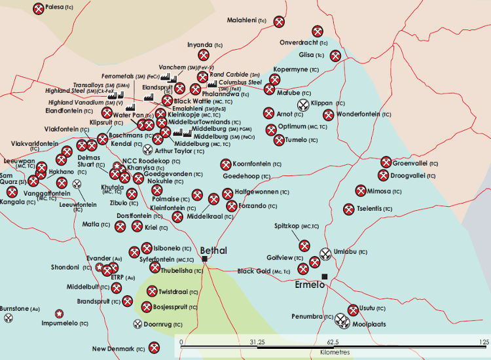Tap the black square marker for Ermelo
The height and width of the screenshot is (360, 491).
(x=325, y=277)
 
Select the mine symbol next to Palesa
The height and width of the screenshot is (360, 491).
(x=38, y=9)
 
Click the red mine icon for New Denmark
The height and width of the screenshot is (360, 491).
(x=155, y=348)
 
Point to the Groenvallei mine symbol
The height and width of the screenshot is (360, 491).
(x=386, y=162)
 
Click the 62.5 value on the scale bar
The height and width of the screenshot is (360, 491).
(x=333, y=342)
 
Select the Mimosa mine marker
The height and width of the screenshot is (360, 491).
(x=361, y=190)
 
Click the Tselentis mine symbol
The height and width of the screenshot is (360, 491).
(x=349, y=209)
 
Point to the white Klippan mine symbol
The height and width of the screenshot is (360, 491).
(x=304, y=104)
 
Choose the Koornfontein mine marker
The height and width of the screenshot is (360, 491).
(x=227, y=164)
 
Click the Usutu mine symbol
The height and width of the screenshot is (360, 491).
(x=354, y=310)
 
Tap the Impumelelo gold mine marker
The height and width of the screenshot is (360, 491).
(x=60, y=314)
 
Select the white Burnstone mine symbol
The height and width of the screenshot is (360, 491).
(x=8, y=318)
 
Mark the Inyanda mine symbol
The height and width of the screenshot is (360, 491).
(x=203, y=56)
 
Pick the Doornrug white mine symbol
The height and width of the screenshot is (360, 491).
(x=137, y=324)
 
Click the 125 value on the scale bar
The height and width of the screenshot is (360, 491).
(x=484, y=342)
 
